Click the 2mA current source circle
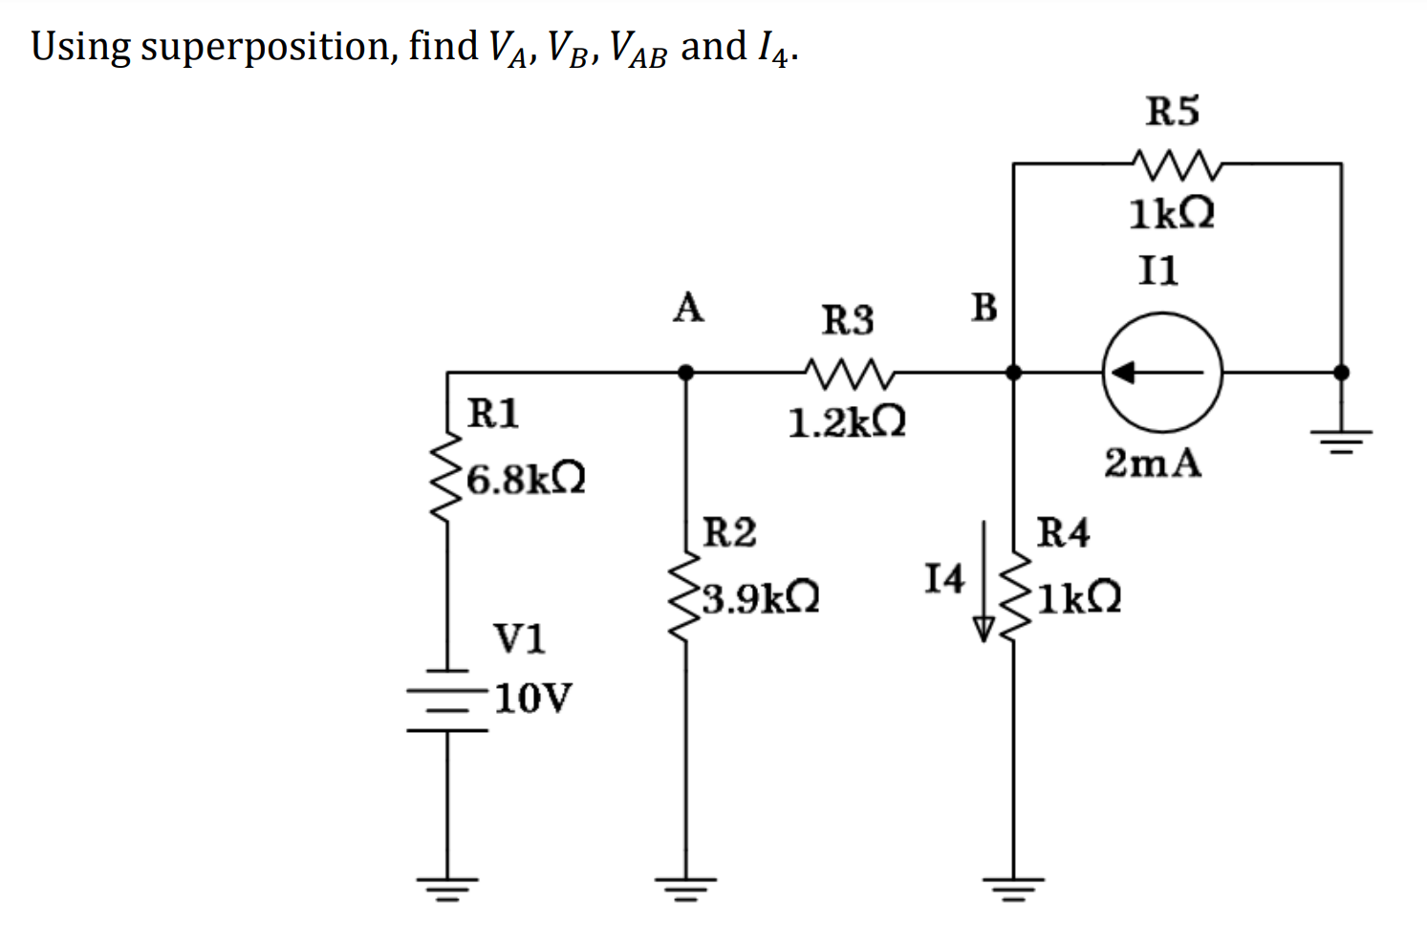pyautogui.click(x=1161, y=373)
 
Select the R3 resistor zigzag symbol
pyautogui.click(x=849, y=374)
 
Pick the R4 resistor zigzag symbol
pyautogui.click(x=1013, y=597)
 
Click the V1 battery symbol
pyautogui.click(x=447, y=699)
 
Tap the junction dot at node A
pyautogui.click(x=685, y=373)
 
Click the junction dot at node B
pyautogui.click(x=1013, y=373)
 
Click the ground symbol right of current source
pyautogui.click(x=1341, y=440)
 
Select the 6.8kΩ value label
pyautogui.click(x=526, y=479)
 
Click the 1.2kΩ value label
pyautogui.click(x=847, y=421)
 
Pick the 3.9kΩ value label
pyautogui.click(x=760, y=599)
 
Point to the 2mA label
pyautogui.click(x=1153, y=463)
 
